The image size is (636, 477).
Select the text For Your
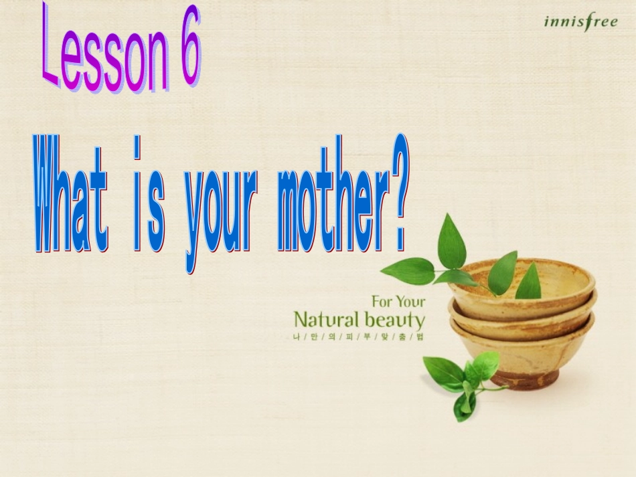398,301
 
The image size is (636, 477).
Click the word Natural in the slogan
327,318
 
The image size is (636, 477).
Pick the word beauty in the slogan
395,319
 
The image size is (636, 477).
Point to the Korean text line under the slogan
355,337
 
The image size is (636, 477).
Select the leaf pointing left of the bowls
407,271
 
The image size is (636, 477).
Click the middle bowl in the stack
522,314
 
